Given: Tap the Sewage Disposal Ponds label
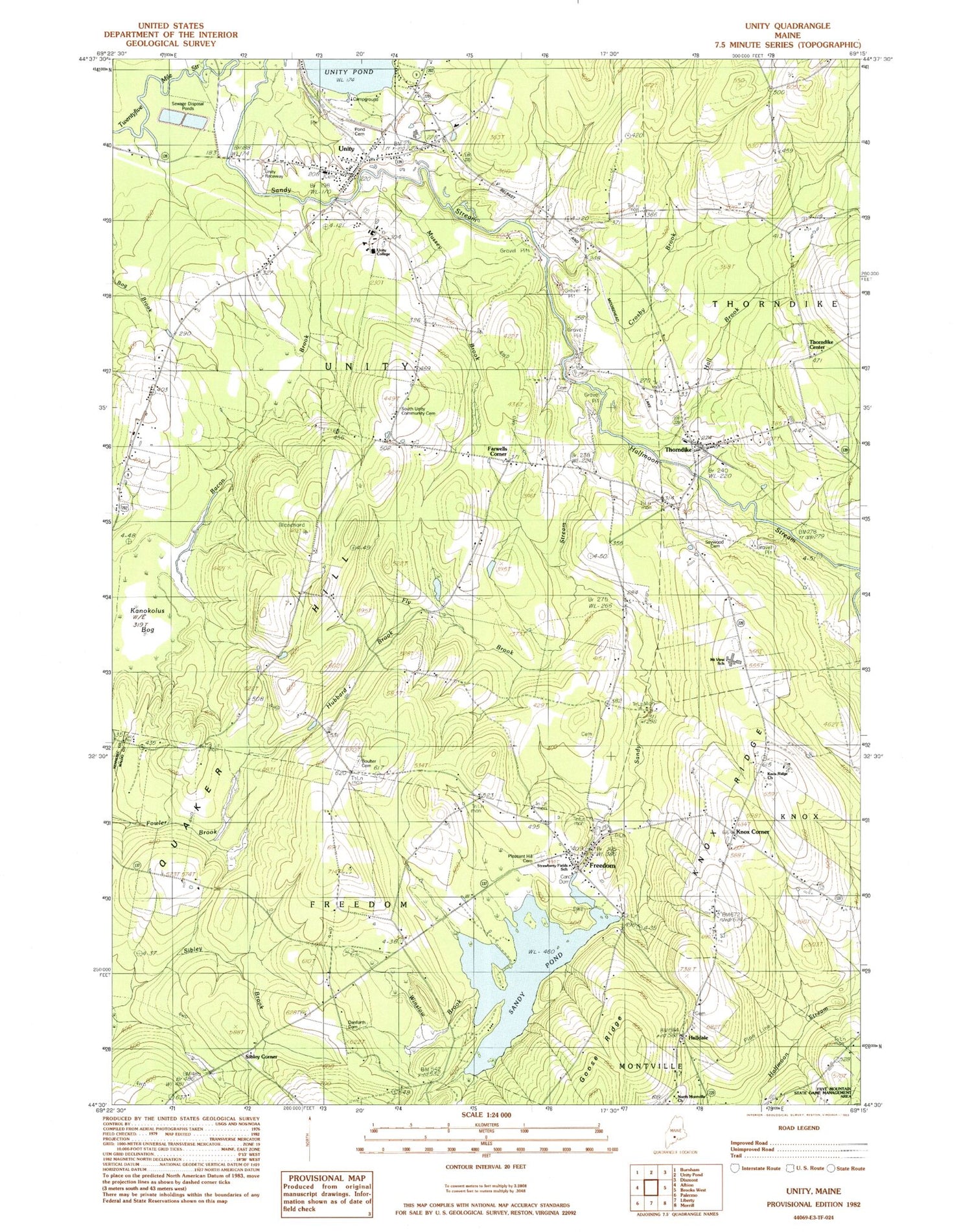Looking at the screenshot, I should [x=183, y=106].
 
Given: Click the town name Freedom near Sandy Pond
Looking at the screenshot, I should [x=602, y=866].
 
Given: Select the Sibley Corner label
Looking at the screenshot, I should [x=261, y=1057].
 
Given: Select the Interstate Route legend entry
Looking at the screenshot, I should [x=756, y=1168].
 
